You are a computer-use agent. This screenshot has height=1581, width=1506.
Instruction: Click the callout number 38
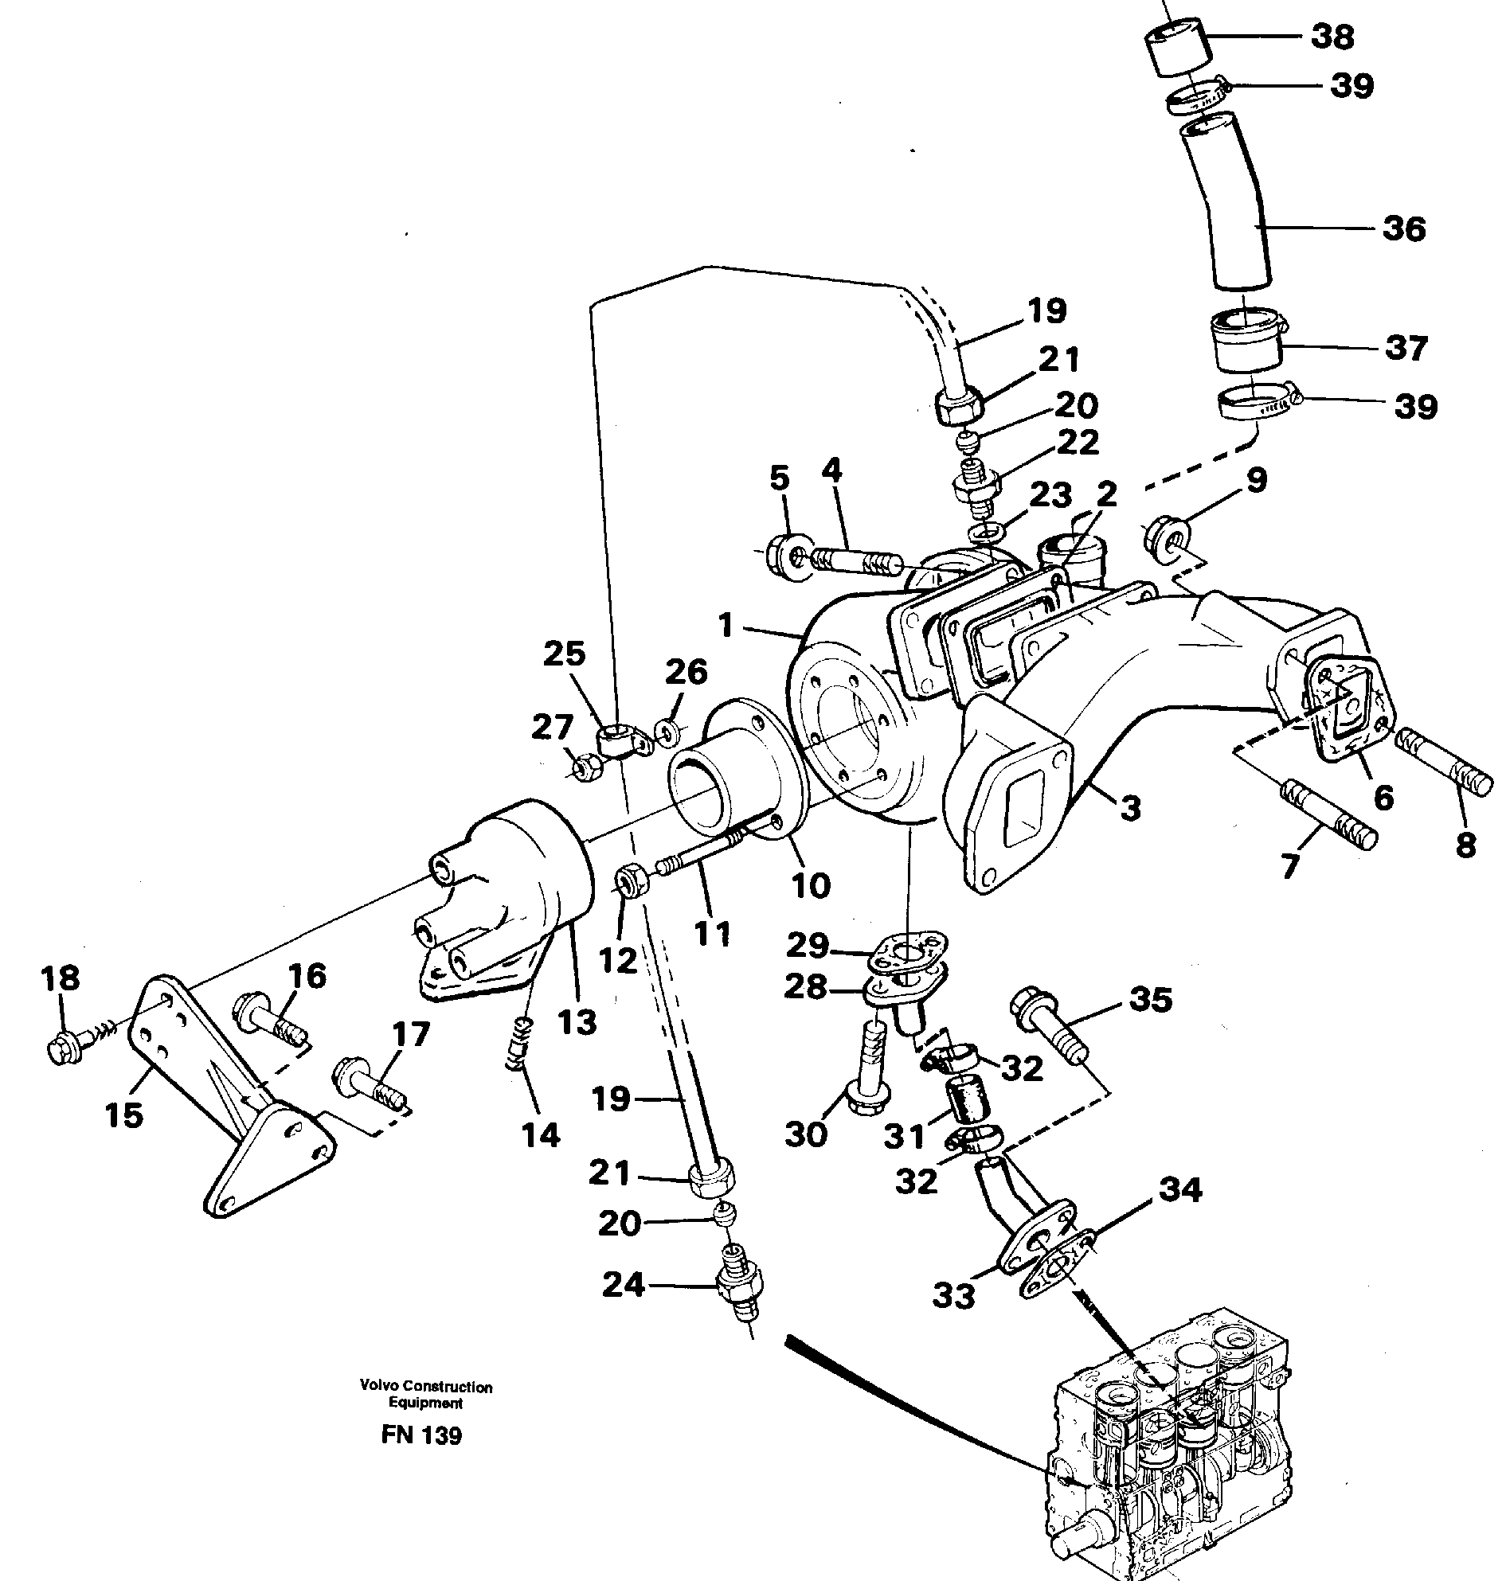pos(1332,37)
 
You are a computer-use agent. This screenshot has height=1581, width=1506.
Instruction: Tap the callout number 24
pos(623,1286)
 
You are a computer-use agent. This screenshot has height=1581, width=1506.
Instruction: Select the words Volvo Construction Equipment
pos(425,1394)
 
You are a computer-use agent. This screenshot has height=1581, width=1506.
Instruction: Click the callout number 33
pos(952,1294)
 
